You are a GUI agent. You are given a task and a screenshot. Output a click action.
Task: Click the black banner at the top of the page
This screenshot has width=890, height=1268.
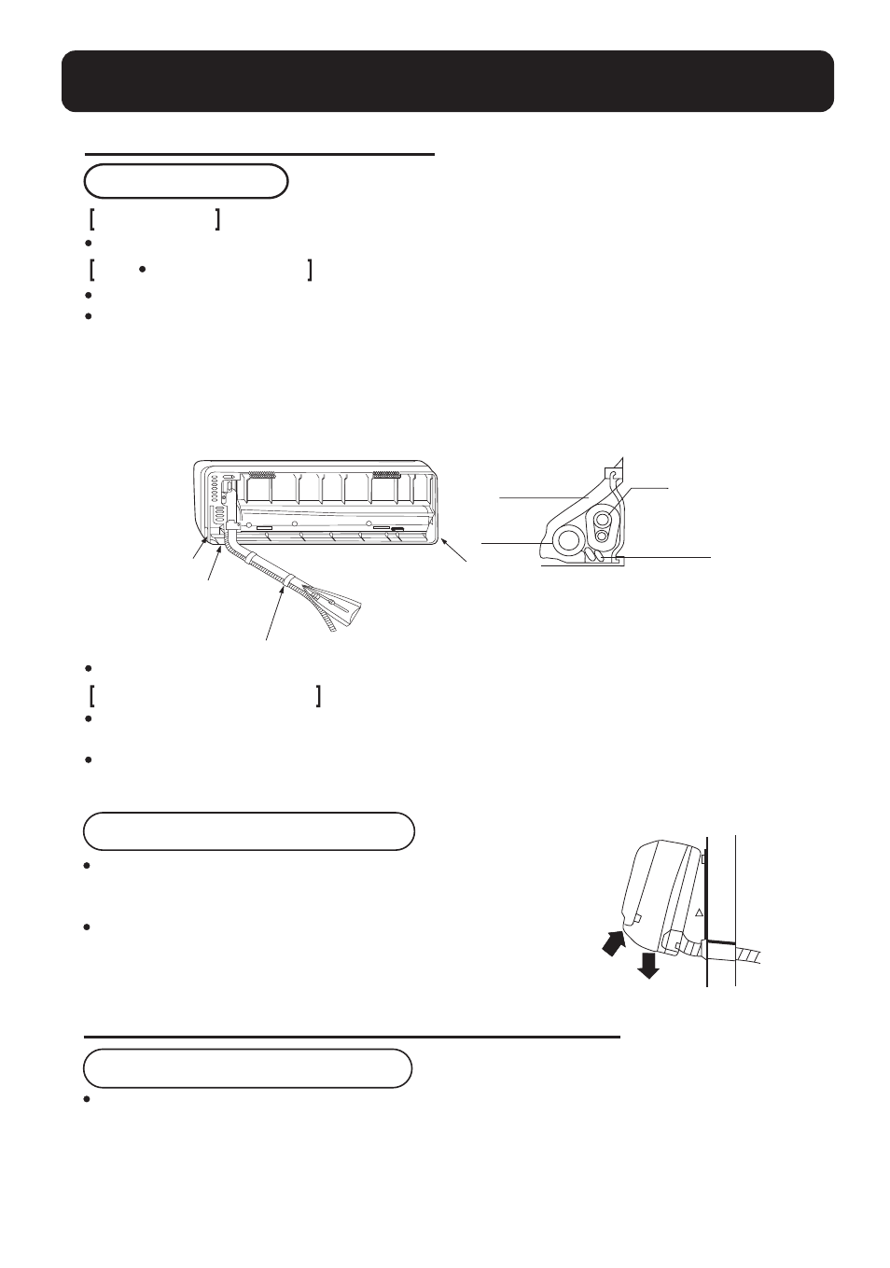447,81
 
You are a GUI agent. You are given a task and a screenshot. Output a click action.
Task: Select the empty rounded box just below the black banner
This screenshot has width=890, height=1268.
186,181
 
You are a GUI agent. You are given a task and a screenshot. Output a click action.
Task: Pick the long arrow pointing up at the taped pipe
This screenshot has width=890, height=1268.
274,611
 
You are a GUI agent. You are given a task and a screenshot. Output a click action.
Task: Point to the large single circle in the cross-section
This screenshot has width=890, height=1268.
566,538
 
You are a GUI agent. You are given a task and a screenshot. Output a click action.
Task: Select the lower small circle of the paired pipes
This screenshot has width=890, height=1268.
603,536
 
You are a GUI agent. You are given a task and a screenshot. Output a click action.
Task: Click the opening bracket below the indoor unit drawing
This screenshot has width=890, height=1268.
94,696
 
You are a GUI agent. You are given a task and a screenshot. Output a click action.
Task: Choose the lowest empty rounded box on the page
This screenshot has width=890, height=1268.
247,1067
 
